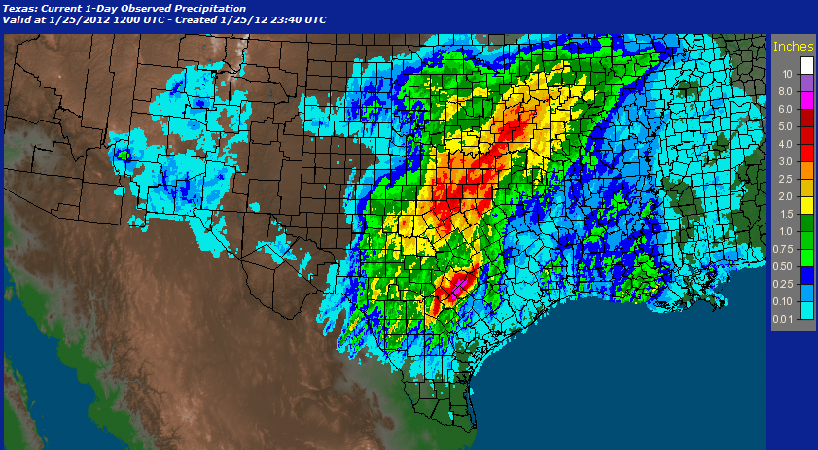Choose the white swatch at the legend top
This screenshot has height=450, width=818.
tap(806, 65)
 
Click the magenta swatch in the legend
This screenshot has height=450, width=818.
tap(806, 100)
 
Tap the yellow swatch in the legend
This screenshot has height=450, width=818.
tap(806, 205)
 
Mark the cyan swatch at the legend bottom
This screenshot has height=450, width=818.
tap(806, 310)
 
